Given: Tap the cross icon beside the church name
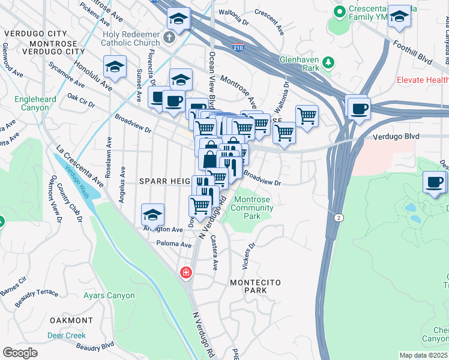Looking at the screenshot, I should point(170,38).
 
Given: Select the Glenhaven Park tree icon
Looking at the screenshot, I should point(328,62).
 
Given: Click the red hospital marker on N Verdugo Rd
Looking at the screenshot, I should point(186,273).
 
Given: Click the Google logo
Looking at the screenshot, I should point(20,352).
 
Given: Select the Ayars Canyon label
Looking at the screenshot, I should point(113,296).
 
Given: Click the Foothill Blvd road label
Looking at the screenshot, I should point(412,52).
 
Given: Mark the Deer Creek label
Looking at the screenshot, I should point(67,335).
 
